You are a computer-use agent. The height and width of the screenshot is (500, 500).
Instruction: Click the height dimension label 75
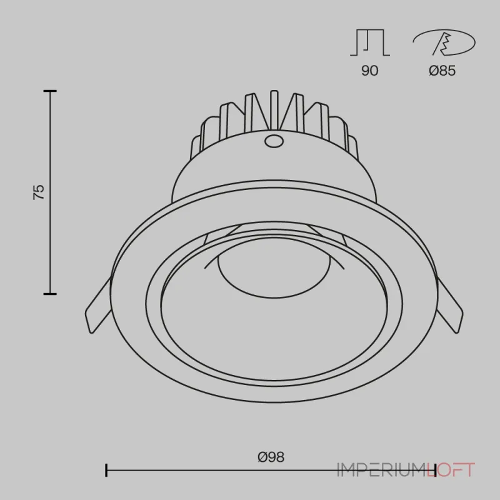point(39,192)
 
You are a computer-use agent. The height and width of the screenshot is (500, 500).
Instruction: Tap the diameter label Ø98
point(271,457)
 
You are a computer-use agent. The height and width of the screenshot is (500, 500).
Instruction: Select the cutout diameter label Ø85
point(442,71)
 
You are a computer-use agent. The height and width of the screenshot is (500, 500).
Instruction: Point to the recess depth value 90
point(370,71)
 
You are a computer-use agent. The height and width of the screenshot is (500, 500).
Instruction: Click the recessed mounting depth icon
point(370,42)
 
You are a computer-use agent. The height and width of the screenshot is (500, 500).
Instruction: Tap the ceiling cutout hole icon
point(444,42)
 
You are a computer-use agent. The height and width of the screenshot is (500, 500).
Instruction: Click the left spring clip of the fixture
point(97,306)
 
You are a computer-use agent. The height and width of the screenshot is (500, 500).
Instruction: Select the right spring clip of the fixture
point(449,306)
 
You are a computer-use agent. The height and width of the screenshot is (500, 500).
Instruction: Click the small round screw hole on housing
point(274,141)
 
